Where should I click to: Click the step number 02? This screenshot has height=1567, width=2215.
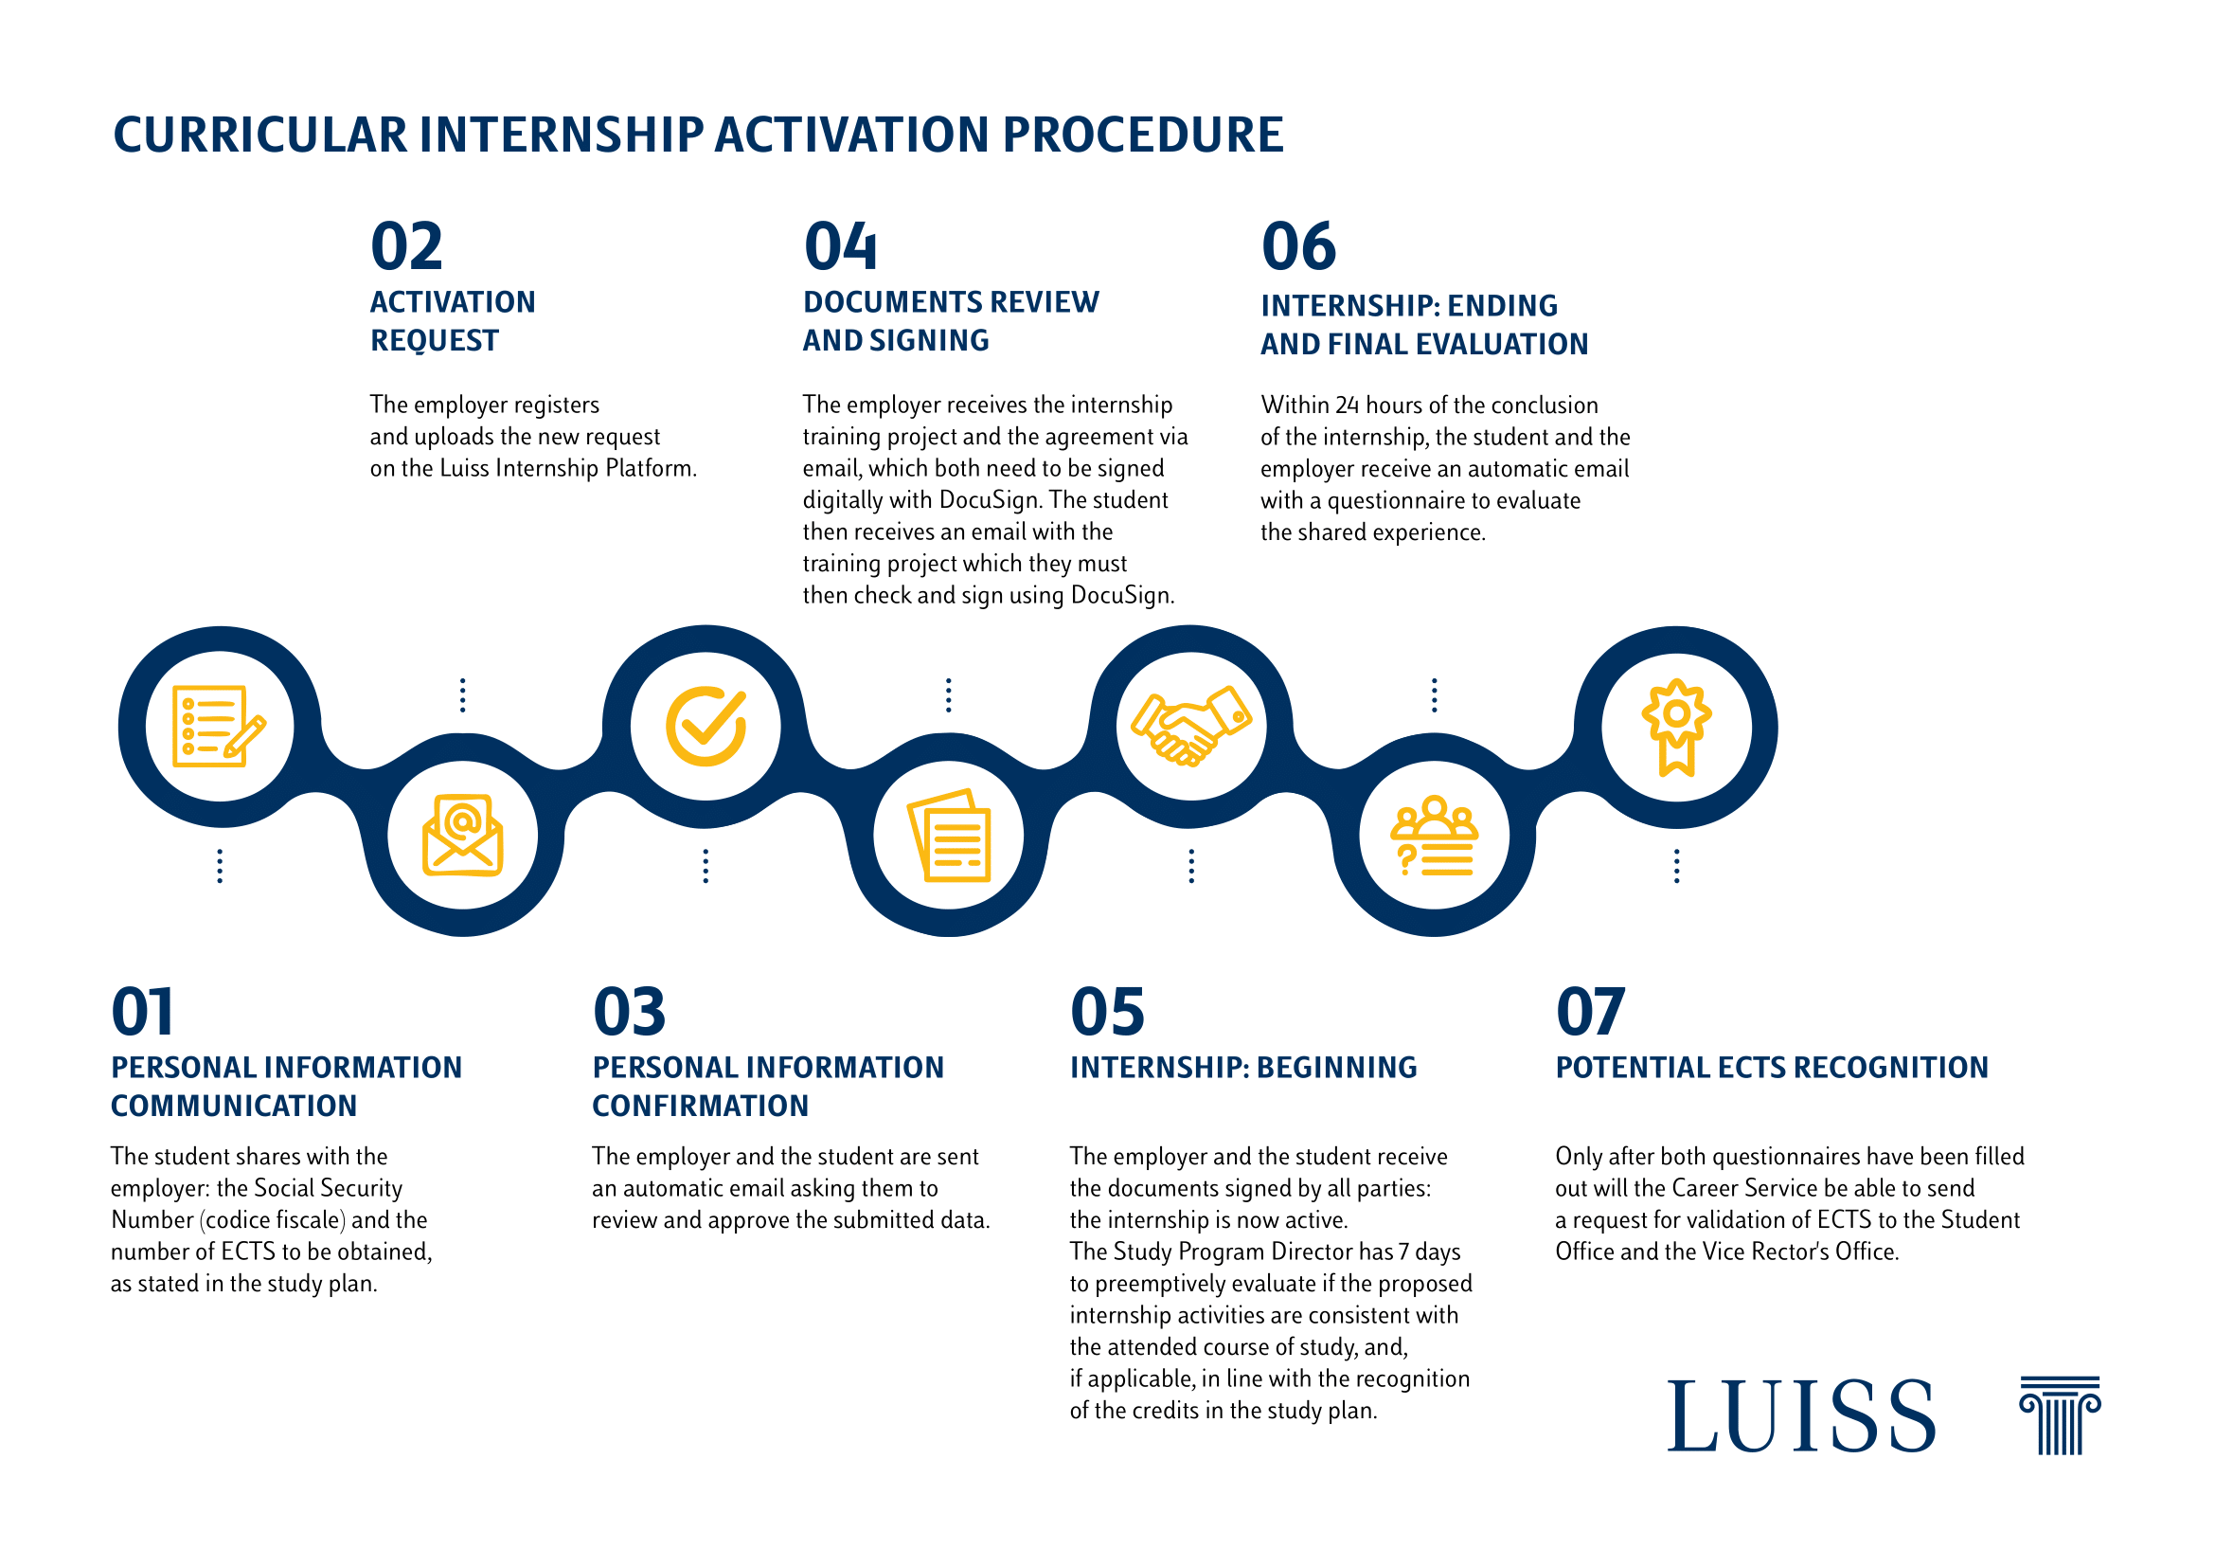pyautogui.click(x=406, y=247)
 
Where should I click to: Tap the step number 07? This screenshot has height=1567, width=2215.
pyautogui.click(x=1590, y=1012)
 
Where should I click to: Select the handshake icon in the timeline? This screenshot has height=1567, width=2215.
pyautogui.click(x=1190, y=726)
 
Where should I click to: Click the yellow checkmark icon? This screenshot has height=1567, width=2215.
pyautogui.click(x=706, y=726)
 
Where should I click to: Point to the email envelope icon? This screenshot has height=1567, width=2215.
pyautogui.click(x=462, y=836)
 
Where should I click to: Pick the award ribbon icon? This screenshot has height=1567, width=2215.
pyautogui.click(x=1677, y=726)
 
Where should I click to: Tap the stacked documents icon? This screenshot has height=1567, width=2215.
pyautogui.click(x=949, y=836)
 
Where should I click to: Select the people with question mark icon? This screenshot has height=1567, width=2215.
pyautogui.click(x=1434, y=836)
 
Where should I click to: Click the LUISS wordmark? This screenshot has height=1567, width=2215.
pyautogui.click(x=1801, y=1416)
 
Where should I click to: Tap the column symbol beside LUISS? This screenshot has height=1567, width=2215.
pyautogui.click(x=2060, y=1415)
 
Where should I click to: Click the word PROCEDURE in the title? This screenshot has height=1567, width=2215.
pyautogui.click(x=1142, y=135)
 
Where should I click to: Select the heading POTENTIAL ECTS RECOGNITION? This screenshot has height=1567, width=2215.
pyautogui.click(x=1771, y=1067)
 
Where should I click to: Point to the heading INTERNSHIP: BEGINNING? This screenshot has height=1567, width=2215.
pyautogui.click(x=1242, y=1067)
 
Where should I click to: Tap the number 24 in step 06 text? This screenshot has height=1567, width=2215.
pyautogui.click(x=1347, y=405)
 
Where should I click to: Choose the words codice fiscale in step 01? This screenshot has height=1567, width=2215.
pyautogui.click(x=273, y=1220)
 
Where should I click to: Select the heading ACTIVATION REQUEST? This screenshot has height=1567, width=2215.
pyautogui.click(x=452, y=321)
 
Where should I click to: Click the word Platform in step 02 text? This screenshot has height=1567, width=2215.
pyautogui.click(x=650, y=469)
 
